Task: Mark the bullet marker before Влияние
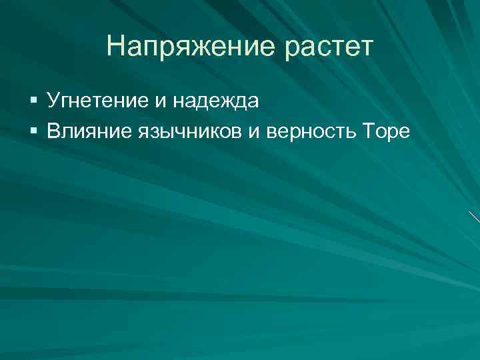(x=34, y=131)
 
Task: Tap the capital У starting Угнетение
(x=55, y=101)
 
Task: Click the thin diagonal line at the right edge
(x=474, y=217)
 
